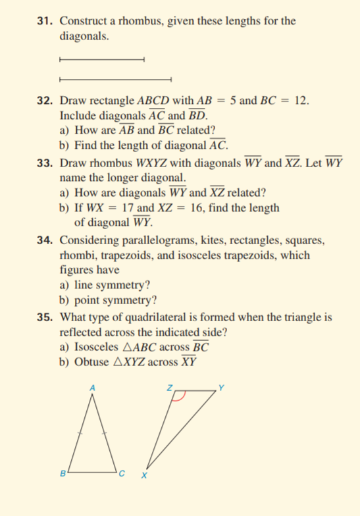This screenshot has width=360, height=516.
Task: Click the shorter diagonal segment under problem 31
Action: click(x=101, y=61)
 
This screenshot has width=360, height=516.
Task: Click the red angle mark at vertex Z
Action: click(x=183, y=396)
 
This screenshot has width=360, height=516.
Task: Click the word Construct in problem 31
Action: click(x=83, y=21)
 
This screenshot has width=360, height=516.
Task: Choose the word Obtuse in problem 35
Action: click(x=93, y=362)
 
